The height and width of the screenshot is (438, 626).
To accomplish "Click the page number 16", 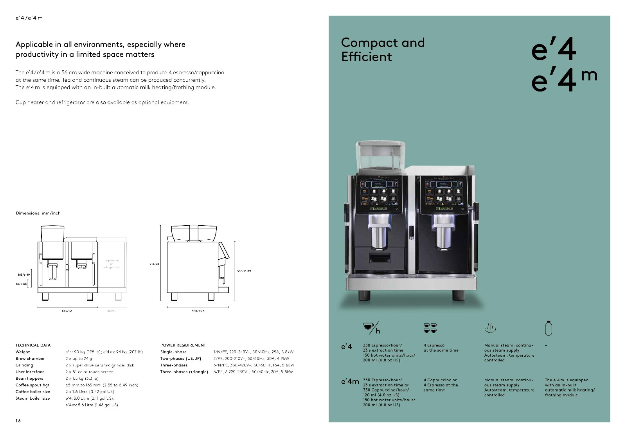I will click(x=18, y=421).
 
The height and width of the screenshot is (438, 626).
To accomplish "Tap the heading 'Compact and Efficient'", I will click(x=382, y=49).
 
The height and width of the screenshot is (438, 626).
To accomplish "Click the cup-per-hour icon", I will click(x=371, y=328).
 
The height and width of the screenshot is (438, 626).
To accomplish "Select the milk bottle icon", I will click(x=549, y=328).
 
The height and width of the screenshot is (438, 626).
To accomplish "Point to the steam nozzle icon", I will click(x=490, y=328).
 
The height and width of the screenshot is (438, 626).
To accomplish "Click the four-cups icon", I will click(x=430, y=328).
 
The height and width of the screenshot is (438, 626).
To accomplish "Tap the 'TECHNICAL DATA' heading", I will click(x=33, y=345).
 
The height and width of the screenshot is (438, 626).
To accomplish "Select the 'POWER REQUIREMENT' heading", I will click(x=183, y=345).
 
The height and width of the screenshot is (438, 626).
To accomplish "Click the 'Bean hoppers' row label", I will click(x=29, y=379).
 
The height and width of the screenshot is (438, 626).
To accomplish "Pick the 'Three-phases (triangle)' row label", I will click(x=184, y=372).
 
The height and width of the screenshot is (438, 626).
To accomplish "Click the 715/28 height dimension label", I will click(x=154, y=264).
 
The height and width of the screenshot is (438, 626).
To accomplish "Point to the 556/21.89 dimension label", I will click(x=244, y=271).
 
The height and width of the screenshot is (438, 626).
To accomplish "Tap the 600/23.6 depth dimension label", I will click(x=198, y=311).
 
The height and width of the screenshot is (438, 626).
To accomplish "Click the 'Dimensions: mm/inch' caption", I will click(x=38, y=213).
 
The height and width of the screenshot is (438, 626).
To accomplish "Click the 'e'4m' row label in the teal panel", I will click(x=350, y=382).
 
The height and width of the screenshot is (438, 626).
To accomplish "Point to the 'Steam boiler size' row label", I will click(x=32, y=399).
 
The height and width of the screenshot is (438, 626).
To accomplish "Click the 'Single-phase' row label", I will click(x=173, y=352).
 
